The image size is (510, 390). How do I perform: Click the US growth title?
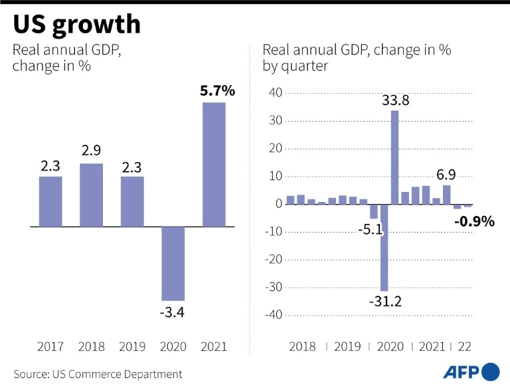coord(77,25)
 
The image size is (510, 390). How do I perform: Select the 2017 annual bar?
coord(50,201)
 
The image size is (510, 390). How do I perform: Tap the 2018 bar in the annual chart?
coord(91,195)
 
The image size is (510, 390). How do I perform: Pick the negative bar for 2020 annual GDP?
coord(173,263)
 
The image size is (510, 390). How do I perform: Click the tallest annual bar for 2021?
coord(214,164)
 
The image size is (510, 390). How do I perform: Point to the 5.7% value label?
coord(217,91)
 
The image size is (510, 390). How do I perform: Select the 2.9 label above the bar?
coord(91,151)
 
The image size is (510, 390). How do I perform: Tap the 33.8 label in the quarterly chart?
coord(394,101)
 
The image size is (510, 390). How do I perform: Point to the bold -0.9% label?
coord(474,222)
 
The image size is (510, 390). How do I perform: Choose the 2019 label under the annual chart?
coord(131,347)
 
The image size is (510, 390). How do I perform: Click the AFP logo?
coord(471,372)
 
